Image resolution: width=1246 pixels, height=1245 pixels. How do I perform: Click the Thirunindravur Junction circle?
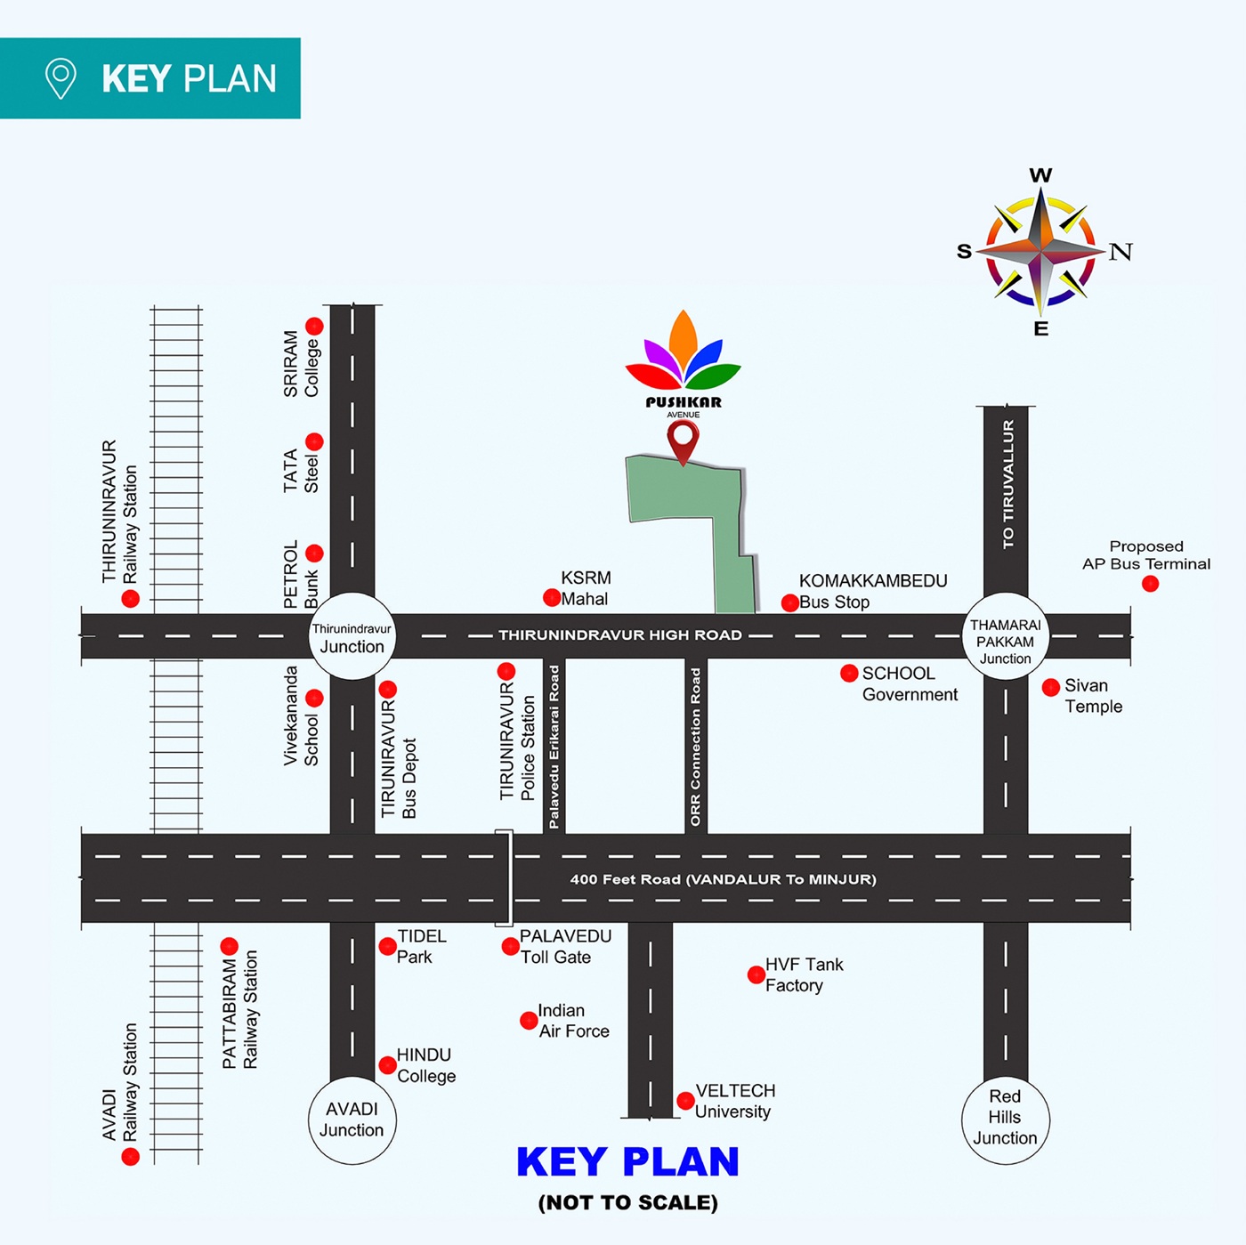coord(352,637)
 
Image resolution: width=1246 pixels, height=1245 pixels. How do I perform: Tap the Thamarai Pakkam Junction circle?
coord(1006,637)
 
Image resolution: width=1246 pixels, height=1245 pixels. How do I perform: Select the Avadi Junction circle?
coord(352,1120)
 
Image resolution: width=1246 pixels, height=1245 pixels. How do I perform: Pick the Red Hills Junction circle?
coord(1005,1118)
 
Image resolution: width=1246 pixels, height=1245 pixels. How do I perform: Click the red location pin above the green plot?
coord(683,439)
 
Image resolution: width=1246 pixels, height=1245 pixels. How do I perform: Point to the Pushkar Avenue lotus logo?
coord(683,352)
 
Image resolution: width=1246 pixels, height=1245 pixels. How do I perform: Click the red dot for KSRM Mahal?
coord(552,597)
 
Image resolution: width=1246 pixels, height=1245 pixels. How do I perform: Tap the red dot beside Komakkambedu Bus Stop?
coord(789,603)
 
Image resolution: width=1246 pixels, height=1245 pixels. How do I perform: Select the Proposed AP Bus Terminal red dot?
coord(1150,584)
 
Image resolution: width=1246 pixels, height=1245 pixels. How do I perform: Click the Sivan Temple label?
coord(1093,696)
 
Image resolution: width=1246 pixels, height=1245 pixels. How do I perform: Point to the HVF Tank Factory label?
coord(804,974)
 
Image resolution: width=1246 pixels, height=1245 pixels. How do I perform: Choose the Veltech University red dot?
coord(685,1101)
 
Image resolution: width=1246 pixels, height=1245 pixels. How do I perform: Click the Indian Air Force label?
coord(573,1021)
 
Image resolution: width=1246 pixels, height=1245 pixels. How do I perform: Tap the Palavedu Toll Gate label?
coord(565,947)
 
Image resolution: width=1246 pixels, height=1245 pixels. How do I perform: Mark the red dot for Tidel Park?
coord(387,946)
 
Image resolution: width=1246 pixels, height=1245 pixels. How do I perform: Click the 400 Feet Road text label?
coord(723,879)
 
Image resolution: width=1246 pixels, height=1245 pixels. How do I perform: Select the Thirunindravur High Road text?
coord(619,635)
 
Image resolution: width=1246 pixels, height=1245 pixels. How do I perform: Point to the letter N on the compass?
coord(1121,252)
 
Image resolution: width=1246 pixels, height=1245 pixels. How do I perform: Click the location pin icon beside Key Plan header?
coord(61,78)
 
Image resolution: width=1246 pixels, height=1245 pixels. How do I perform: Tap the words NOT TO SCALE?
coord(627,1202)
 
